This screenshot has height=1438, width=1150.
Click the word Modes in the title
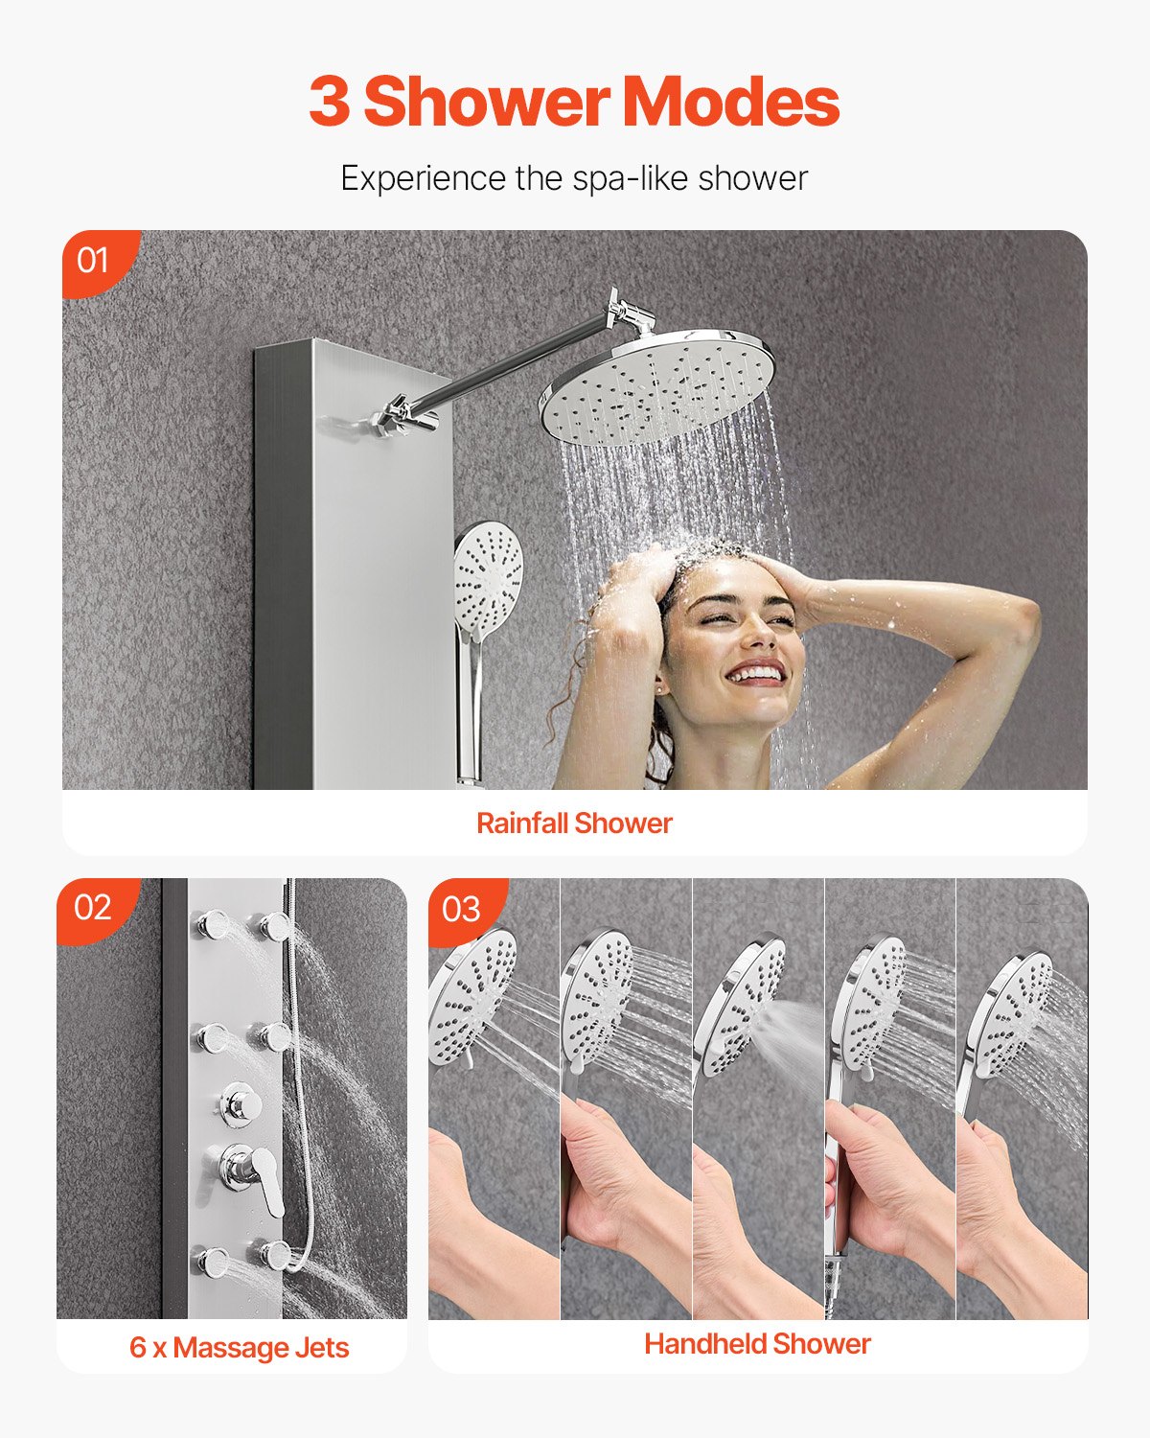[x=731, y=102]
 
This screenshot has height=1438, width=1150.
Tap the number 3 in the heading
[x=329, y=102]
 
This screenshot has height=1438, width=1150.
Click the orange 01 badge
[x=93, y=260]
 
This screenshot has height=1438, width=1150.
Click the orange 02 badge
[x=93, y=907]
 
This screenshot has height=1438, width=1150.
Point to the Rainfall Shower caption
[x=574, y=823]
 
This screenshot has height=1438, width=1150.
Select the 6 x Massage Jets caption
[x=239, y=1347]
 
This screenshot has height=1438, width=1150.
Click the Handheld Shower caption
[x=757, y=1344]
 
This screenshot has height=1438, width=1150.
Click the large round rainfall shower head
[x=656, y=388]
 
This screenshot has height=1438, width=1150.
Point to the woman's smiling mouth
[x=755, y=672]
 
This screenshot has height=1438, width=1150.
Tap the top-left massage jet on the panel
[x=211, y=927]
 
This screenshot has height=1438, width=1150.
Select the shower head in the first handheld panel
[x=472, y=997]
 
